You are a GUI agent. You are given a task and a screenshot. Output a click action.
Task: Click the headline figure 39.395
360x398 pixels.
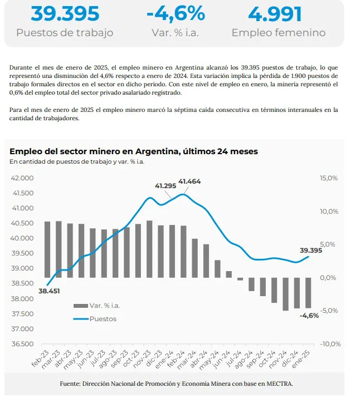pos(65,13)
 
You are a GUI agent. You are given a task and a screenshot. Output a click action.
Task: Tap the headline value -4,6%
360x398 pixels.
pos(175,13)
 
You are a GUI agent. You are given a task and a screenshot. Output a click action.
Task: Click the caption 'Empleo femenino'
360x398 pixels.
pos(278,33)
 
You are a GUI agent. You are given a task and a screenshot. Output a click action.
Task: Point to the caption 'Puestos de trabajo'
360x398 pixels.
pos(65,33)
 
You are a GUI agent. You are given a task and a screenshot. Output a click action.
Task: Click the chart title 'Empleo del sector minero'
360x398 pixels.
pos(133,151)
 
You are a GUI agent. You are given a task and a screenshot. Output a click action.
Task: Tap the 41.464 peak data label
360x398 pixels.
pos(189,182)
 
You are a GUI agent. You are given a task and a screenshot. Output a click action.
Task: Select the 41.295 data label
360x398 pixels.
pos(166,186)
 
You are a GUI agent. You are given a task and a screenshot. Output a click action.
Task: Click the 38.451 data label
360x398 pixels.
pos(50,290)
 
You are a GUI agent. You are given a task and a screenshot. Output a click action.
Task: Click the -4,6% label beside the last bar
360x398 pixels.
pos(309,316)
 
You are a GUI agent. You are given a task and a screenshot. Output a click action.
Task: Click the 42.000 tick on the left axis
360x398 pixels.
pos(22,178)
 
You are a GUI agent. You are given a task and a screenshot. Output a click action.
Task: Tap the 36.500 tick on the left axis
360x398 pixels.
pos(22,343)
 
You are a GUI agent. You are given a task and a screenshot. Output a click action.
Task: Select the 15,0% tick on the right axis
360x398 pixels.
pos(329,178)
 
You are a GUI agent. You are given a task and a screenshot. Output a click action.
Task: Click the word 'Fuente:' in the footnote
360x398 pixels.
pos(70,384)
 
